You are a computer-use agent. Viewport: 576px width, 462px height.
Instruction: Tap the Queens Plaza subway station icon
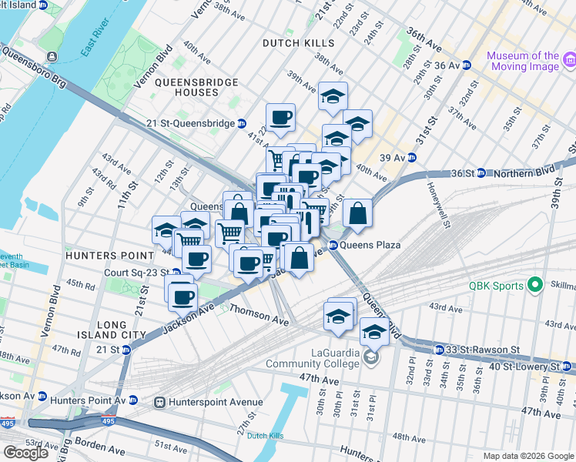[x=334, y=245]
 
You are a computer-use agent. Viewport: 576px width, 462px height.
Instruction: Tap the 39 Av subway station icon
[x=411, y=157]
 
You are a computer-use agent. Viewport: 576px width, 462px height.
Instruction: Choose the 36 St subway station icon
[x=479, y=173]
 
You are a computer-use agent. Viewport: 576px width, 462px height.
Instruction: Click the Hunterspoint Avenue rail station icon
[x=160, y=402]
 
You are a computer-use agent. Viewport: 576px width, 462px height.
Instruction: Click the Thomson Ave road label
[x=260, y=316]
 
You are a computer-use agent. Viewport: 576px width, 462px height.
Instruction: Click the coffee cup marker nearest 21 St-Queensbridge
[x=281, y=118]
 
